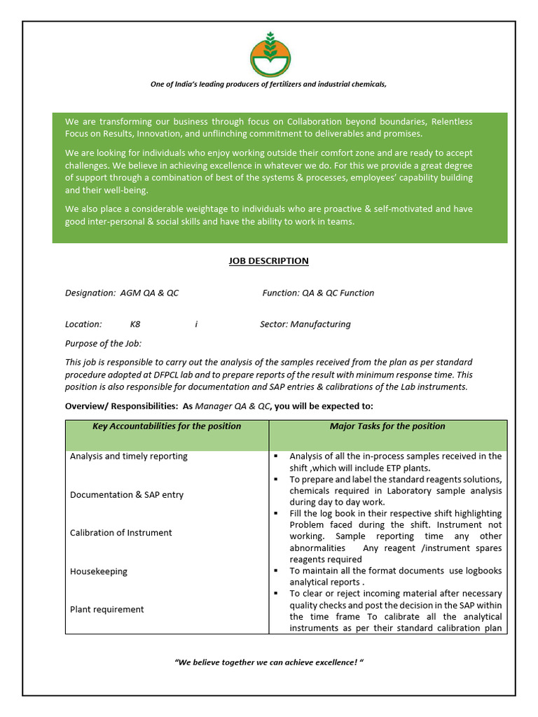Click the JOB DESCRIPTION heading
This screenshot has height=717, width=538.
(268, 261)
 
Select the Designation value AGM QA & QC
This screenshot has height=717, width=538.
(149, 293)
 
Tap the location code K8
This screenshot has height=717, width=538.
(135, 324)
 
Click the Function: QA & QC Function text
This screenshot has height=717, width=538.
(318, 293)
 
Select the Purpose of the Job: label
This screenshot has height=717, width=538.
(103, 343)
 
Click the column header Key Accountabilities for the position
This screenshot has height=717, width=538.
(167, 426)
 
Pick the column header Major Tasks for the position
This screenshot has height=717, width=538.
(387, 426)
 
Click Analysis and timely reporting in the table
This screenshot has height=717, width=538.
(129, 457)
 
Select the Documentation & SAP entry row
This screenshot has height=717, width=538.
(127, 495)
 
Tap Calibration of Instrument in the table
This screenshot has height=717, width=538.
(120, 533)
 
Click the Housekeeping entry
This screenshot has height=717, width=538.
(99, 571)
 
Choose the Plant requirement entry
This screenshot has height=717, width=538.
(106, 609)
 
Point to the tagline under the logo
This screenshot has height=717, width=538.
(268, 84)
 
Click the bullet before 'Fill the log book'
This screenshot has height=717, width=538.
(276, 513)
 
